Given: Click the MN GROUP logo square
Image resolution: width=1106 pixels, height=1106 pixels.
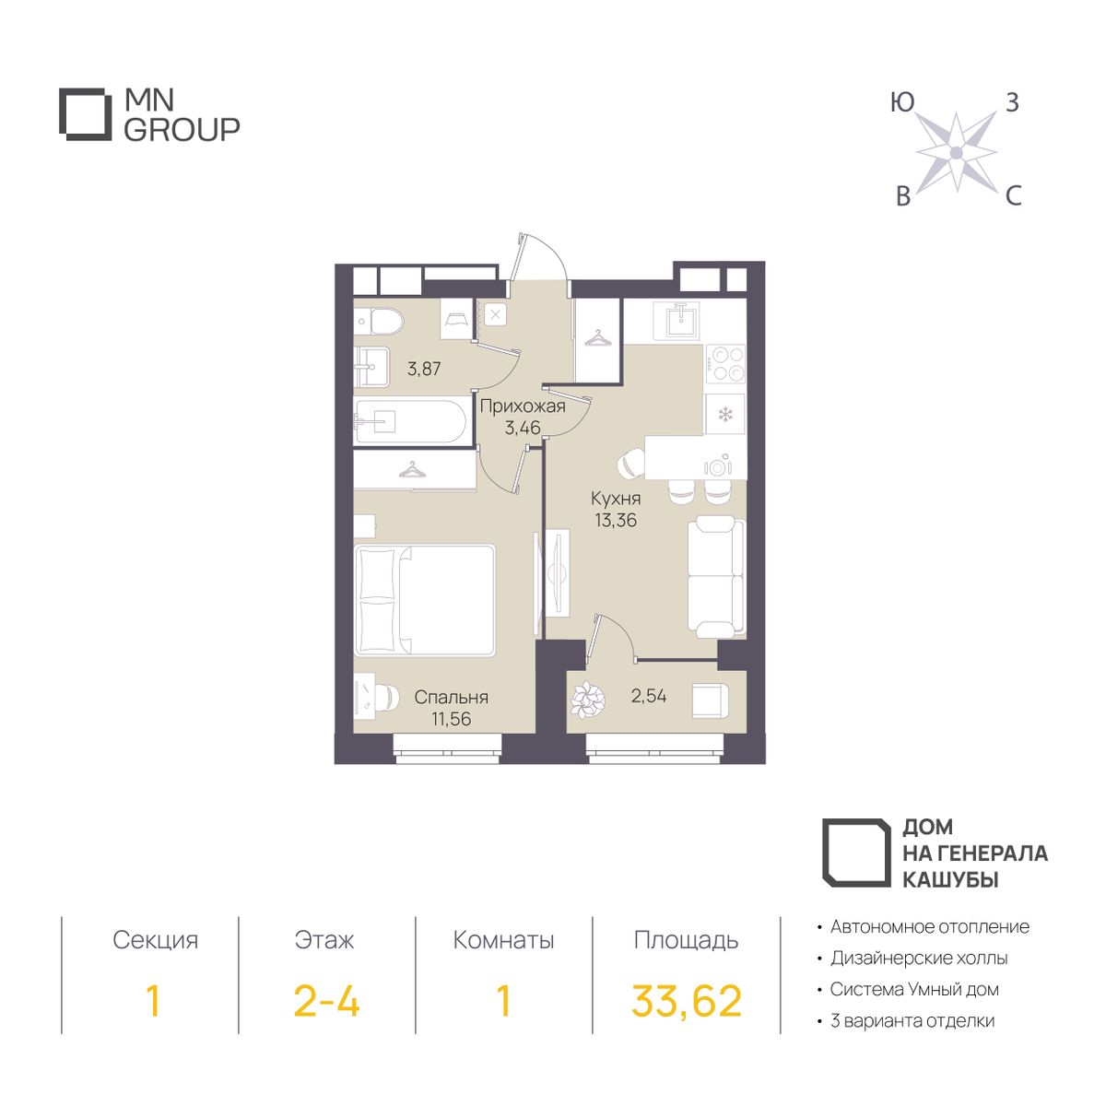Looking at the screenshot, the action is click(86, 114).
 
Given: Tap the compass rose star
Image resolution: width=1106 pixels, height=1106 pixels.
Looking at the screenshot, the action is click(956, 152).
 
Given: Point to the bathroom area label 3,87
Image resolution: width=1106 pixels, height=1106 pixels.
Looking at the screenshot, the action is click(424, 369).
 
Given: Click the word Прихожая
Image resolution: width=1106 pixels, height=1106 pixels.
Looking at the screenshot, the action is click(523, 406).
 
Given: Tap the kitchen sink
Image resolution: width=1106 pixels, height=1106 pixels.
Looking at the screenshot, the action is click(679, 322).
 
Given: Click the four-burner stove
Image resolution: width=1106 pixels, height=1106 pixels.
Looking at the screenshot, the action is click(725, 364).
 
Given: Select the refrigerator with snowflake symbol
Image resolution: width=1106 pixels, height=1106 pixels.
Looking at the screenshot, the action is click(725, 414).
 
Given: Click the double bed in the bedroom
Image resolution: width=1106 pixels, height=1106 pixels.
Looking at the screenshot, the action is click(425, 600).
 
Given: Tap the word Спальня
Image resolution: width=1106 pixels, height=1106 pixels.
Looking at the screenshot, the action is click(451, 698).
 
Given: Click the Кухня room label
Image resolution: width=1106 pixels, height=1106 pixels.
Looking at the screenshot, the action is click(616, 499).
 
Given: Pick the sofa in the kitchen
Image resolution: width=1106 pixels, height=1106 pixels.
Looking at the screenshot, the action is click(716, 576).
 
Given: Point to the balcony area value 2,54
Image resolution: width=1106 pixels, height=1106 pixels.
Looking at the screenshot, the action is click(649, 696).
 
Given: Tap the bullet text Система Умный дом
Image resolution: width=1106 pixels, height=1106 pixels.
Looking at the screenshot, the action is click(914, 989).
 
